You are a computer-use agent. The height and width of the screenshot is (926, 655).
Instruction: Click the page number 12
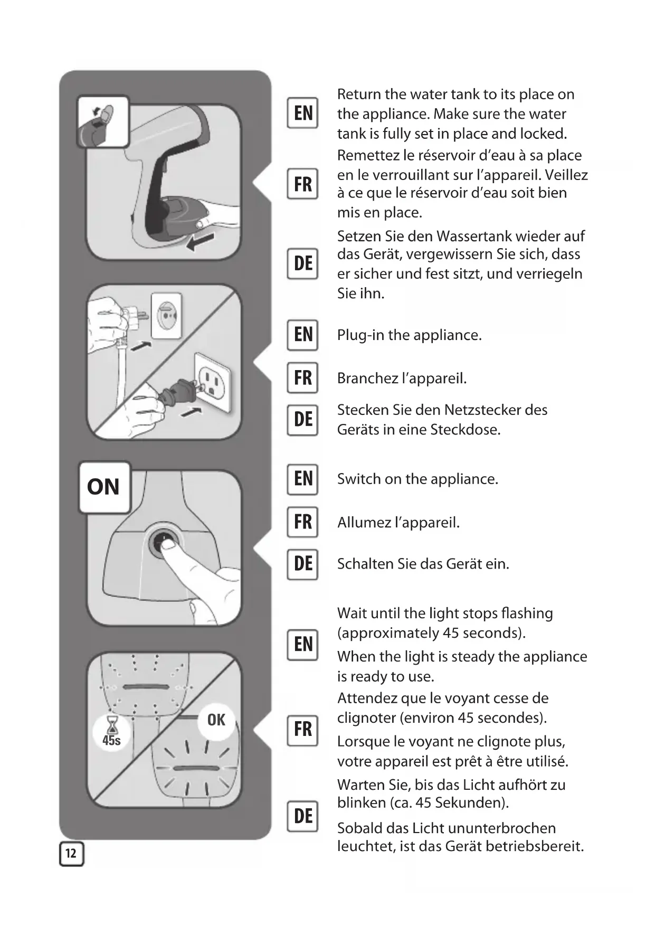(71, 854)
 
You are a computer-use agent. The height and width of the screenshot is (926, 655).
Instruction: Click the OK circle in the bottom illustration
(216, 720)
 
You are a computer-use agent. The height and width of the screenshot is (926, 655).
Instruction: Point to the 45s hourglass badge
(111, 732)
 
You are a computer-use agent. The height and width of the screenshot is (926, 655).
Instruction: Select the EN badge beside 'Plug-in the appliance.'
(302, 335)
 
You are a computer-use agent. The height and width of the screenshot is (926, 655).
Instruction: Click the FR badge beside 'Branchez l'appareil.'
(302, 378)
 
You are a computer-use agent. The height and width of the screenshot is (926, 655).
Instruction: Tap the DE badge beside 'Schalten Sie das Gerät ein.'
(302, 564)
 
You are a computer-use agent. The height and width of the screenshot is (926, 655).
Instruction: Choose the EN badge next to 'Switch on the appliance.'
(302, 479)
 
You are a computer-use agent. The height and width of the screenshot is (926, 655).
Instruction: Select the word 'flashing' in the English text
(528, 613)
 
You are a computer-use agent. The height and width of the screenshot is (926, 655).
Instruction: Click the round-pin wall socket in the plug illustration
(166, 316)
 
